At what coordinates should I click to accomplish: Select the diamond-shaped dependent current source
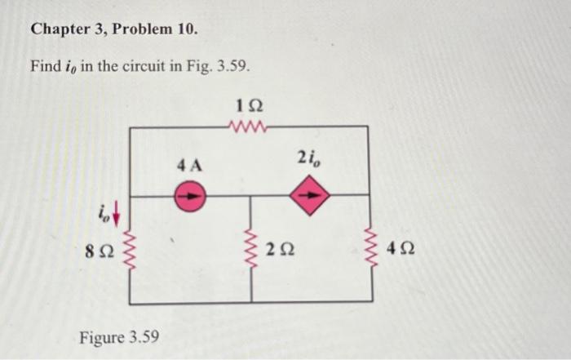[313, 196]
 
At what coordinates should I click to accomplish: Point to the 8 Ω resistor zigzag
[131, 250]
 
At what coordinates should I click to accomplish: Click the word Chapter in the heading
[59, 30]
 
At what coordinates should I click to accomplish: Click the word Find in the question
[45, 66]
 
